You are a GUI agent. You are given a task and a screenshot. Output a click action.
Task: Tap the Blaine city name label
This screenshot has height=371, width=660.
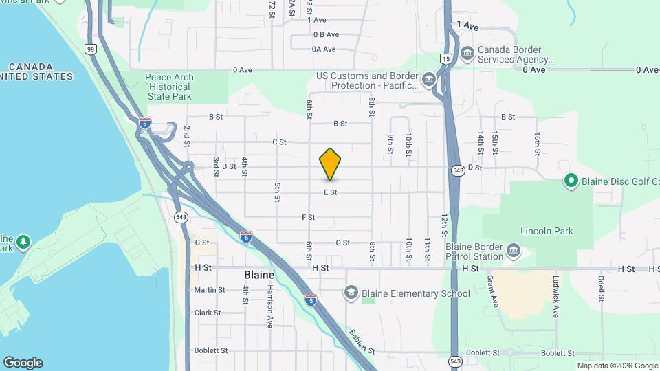point(260,274)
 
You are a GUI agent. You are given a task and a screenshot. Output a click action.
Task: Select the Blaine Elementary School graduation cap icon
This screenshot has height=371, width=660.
point(351,293)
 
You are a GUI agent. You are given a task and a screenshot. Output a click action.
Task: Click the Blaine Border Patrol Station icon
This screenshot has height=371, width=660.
point(513,252)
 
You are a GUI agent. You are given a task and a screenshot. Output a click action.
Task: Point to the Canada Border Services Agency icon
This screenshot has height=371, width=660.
point(467,54)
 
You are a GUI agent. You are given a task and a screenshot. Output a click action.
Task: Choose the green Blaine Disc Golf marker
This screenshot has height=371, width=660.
point(570,181)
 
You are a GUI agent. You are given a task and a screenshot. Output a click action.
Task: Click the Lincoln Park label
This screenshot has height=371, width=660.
point(547,231)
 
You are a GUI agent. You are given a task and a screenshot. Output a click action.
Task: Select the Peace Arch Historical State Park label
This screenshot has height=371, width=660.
point(170,87)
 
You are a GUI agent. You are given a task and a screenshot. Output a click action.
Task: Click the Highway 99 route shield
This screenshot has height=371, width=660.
point(91,49)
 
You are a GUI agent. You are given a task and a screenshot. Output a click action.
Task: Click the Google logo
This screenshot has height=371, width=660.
point(23,363)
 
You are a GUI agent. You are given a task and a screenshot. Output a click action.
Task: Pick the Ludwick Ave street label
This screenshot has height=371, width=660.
point(555,296)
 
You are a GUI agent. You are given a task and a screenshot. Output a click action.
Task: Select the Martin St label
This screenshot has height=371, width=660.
point(209,290)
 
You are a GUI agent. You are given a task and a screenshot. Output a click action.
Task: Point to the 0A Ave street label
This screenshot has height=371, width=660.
point(323,49)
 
